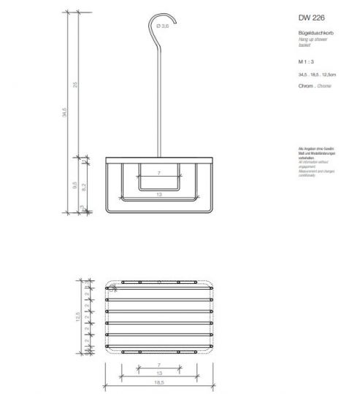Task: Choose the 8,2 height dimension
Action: [x=85, y=187]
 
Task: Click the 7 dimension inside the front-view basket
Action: [x=158, y=174]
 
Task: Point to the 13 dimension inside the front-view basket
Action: [x=158, y=196]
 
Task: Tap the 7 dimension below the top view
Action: [x=158, y=364]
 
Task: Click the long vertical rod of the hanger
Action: [x=158, y=95]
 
